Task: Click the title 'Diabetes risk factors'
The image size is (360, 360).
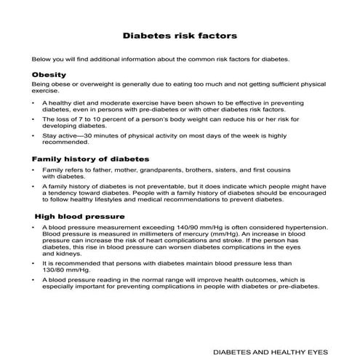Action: click(179, 34)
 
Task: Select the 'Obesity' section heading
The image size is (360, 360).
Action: click(49, 75)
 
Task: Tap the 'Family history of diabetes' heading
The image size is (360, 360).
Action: click(91, 158)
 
